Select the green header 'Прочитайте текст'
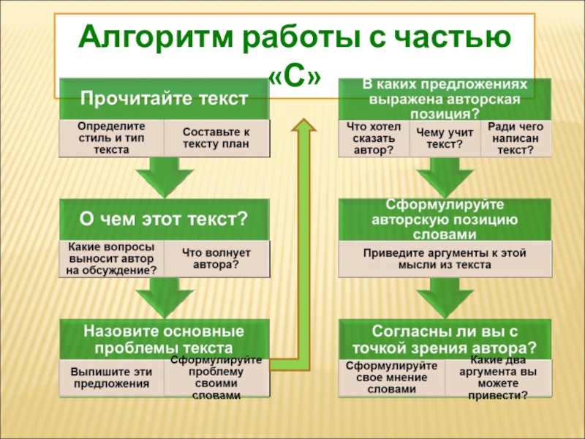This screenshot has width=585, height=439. click(163, 98)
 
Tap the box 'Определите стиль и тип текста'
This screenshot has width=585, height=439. click(110, 138)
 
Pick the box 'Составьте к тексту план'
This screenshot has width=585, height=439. click(216, 138)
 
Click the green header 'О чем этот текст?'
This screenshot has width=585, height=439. click(163, 219)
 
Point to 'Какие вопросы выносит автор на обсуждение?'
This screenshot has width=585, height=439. click(110, 258)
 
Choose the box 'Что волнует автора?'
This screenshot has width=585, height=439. click(216, 258)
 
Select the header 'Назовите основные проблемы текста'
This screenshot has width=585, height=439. click(163, 337)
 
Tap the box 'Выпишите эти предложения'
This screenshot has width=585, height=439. click(110, 378)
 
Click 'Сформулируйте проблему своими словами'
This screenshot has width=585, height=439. click(216, 378)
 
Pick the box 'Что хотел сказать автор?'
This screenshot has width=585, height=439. click(373, 138)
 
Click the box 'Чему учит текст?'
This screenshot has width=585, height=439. click(444, 138)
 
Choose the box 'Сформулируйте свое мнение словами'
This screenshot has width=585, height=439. click(391, 378)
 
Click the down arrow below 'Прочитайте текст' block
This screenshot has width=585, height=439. click(163, 178)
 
